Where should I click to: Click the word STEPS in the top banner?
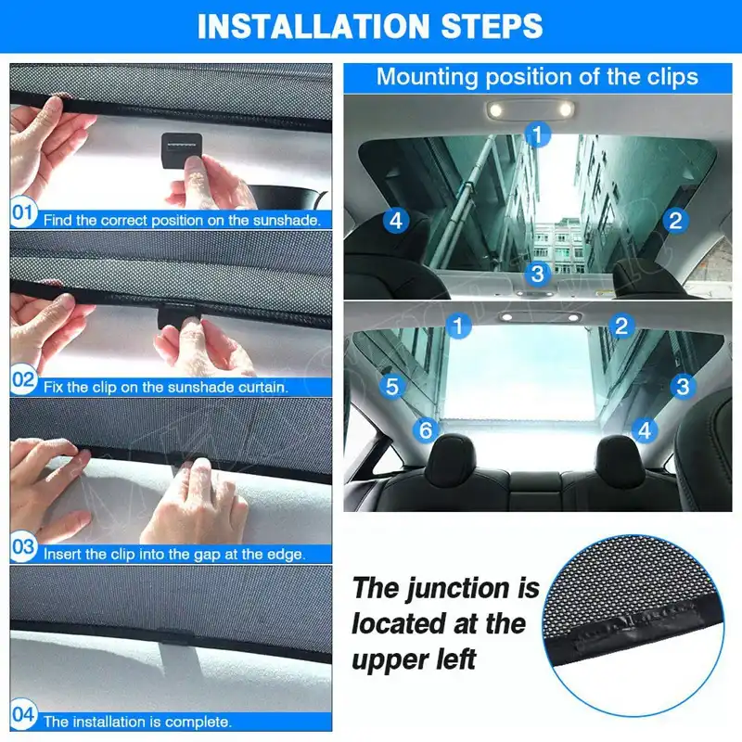(492, 26)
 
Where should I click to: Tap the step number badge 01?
(23, 212)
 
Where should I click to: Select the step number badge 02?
(23, 379)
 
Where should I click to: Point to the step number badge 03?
(23, 546)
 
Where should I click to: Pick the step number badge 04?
(23, 713)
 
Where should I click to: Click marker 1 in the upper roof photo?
(538, 134)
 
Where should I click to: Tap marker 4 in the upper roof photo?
(396, 221)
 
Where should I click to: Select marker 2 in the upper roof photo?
(675, 221)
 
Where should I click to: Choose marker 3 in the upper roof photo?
(538, 274)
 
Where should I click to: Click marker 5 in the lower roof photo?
(392, 386)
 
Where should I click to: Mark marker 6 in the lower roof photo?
(426, 430)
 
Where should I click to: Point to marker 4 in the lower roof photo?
(645, 430)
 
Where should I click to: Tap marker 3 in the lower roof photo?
(683, 386)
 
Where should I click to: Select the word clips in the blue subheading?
(672, 77)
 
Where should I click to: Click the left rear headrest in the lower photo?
(450, 459)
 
